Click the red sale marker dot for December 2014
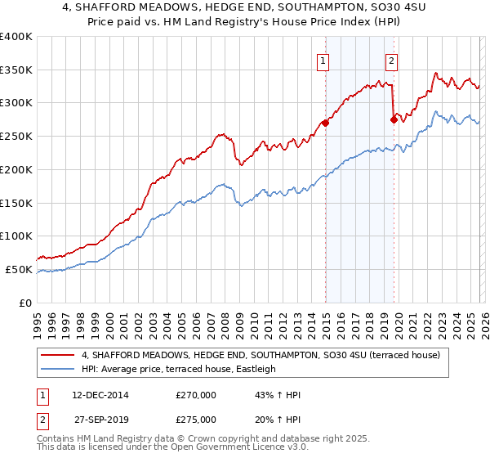325,123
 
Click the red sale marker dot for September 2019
394,119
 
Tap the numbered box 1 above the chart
323,61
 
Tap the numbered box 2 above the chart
392,61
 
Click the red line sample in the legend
59,355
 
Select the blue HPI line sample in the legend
59,369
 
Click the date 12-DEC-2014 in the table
95,395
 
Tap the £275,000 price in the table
196,420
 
